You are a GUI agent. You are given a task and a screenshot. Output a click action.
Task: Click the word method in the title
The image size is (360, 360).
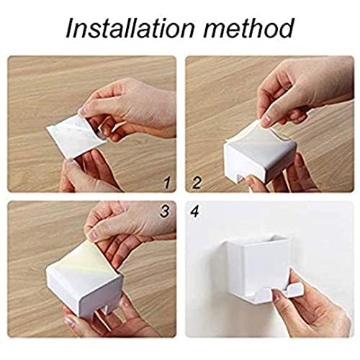(248, 28)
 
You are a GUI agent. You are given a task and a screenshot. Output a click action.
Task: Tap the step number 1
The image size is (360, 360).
(167, 183)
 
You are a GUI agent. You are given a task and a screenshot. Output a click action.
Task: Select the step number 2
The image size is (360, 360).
(197, 183)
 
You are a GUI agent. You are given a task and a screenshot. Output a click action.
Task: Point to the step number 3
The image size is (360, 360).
(165, 212)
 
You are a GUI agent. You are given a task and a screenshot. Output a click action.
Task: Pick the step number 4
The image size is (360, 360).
(194, 212)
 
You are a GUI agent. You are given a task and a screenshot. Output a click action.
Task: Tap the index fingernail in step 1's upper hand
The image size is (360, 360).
(83, 111)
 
